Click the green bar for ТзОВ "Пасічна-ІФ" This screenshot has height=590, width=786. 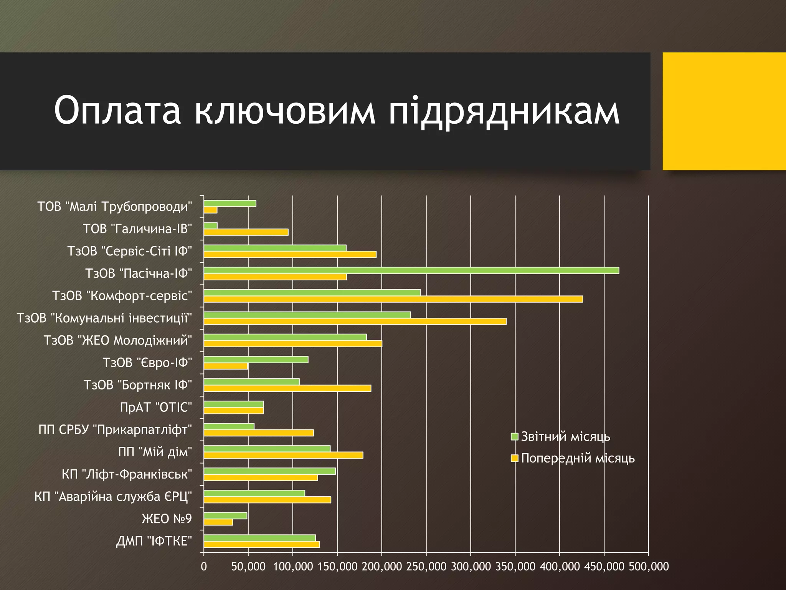[411, 270]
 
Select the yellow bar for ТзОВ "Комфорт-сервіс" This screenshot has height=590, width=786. [393, 299]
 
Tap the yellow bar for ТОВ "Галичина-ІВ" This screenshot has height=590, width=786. [246, 232]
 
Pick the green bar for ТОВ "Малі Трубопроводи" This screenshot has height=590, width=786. [230, 204]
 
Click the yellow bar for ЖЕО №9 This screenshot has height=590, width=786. [218, 522]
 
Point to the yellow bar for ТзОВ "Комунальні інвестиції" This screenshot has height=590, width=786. [355, 322]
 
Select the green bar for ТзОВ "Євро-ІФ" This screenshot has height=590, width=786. [256, 360]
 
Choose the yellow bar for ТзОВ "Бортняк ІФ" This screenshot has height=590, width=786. [287, 388]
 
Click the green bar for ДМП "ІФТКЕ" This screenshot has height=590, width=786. [260, 538]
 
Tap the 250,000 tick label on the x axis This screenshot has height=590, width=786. [426, 567]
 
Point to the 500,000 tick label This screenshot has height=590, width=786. [649, 567]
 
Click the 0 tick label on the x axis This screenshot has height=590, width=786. [204, 567]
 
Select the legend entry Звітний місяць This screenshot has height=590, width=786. [565, 437]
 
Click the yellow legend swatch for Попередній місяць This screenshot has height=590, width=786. [515, 458]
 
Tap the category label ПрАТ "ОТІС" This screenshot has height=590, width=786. [156, 407]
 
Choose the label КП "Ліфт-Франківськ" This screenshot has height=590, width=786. [127, 474]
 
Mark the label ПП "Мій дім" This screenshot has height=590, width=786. [155, 452]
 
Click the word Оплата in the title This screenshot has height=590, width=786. [117, 111]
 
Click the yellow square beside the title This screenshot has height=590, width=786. [724, 111]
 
